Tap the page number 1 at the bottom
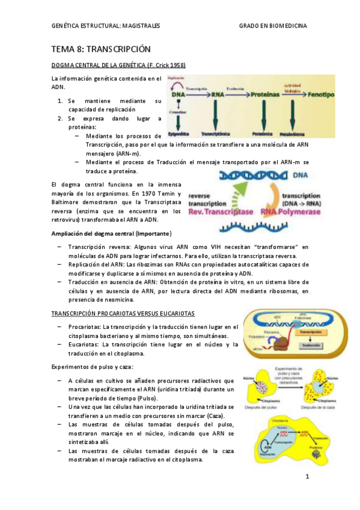pyautogui.click(x=307, y=478)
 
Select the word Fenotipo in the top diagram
pyautogui.click(x=325, y=95)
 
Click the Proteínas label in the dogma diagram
pyautogui.click(x=266, y=95)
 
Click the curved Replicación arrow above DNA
pyautogui.click(x=176, y=84)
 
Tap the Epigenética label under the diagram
pyautogui.click(x=180, y=134)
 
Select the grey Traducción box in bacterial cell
pyautogui.click(x=310, y=345)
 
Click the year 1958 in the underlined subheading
pyautogui.click(x=175, y=66)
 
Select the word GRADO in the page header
pyautogui.click(x=251, y=26)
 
